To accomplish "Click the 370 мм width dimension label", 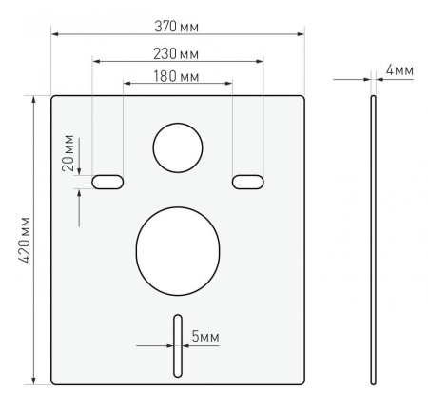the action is (177, 27).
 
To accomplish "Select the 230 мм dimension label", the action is (176, 54).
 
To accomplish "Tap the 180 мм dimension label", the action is (176, 76).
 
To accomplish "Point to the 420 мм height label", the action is (24, 240).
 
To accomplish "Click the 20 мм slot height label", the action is (68, 153).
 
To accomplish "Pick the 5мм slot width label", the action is (205, 336).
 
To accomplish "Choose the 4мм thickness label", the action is (399, 70).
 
